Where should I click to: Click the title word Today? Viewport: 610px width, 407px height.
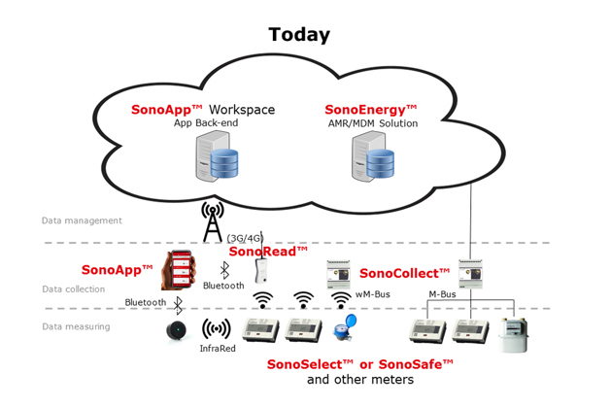coord(299,35)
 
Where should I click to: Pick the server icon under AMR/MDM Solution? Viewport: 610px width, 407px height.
coord(372,156)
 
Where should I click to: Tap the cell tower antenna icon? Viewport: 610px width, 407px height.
coord(212,221)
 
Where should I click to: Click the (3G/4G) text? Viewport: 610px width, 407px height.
coord(245,237)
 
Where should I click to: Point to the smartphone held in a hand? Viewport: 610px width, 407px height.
coord(179,270)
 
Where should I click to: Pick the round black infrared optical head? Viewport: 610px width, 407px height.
coord(177,330)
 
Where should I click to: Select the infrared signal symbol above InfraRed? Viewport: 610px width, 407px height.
coord(216,328)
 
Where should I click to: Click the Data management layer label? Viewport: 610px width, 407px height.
coord(82,220)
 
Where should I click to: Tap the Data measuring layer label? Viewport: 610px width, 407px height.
coord(76,326)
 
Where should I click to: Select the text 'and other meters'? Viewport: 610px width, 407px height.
coord(359,379)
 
